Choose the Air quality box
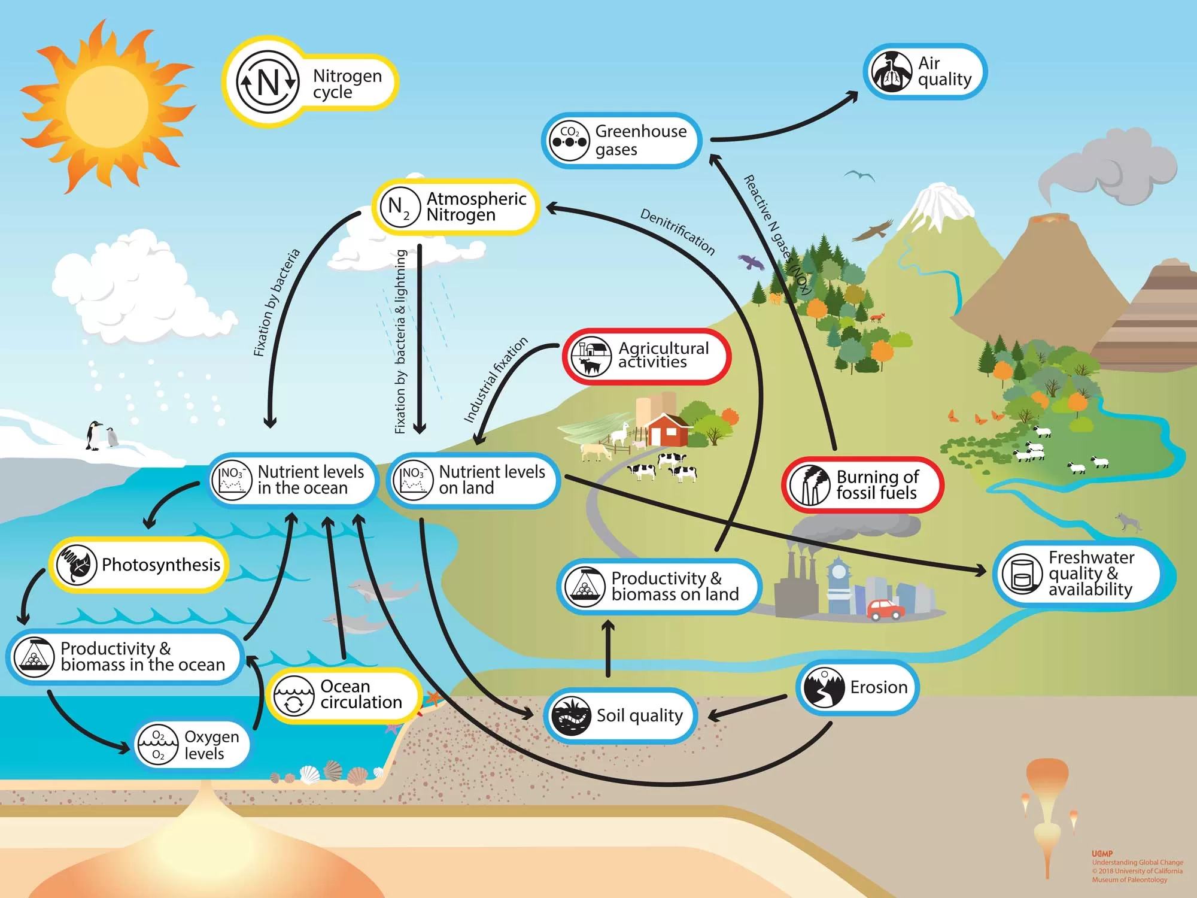pos(925,72)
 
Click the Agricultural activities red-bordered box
pos(646,356)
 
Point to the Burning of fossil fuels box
pos(862,485)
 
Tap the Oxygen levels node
pos(192,745)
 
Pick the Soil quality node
pos(620,715)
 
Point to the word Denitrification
pos(678,232)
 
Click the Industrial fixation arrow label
pos(496,380)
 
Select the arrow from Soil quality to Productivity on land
pos(608,648)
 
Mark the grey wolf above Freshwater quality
pos(1128,522)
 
